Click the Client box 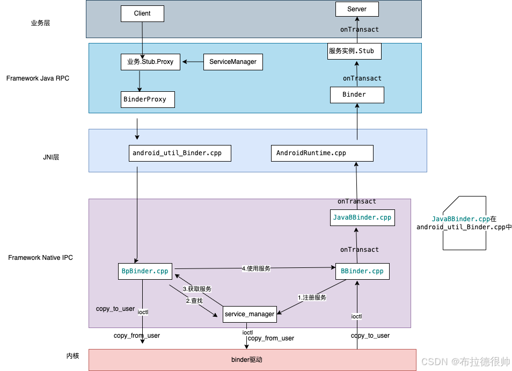(142, 13)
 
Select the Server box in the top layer (357, 9)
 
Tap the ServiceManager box (233, 62)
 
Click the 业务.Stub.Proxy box (150, 62)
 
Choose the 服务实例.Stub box (354, 52)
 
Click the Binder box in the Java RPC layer (357, 94)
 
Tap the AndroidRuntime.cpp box (322, 153)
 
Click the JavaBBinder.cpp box (362, 217)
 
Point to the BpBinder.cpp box (145, 271)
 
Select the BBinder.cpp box (362, 271)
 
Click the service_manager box (250, 314)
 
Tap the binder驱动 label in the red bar (247, 360)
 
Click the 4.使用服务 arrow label (256, 268)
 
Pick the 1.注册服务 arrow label (312, 297)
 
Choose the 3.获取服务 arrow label (197, 289)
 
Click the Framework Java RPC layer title (38, 78)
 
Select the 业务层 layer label (40, 23)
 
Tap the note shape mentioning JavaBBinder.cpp (465, 223)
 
